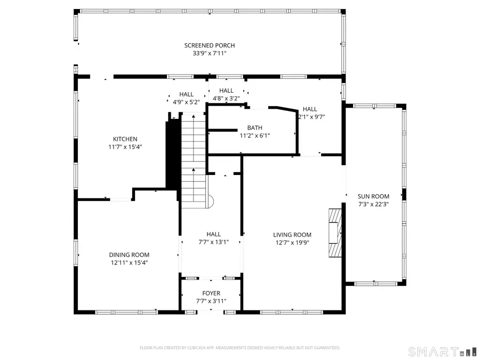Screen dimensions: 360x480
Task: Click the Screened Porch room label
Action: pos(209,45)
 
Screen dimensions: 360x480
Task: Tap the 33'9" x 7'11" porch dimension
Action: pos(209,53)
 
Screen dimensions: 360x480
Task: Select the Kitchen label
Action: pos(125,139)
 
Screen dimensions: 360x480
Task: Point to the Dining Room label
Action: pos(129,255)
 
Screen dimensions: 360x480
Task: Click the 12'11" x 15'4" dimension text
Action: pos(129,262)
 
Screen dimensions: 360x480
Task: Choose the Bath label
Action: pos(254,127)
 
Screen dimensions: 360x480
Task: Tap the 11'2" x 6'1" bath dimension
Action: pos(254,135)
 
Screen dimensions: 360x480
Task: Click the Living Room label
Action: pos(292,235)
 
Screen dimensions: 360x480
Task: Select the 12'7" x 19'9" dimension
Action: pos(292,242)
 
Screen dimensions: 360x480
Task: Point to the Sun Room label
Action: pos(373,196)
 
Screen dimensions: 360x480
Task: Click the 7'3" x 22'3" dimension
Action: pos(373,204)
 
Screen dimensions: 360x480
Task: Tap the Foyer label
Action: pos(211,293)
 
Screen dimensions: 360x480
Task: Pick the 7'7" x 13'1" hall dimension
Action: pos(213,242)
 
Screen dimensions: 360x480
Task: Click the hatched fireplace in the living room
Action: pos(334,233)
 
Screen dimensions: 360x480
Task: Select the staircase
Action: pos(194,160)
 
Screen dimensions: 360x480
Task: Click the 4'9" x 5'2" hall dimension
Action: pos(186,102)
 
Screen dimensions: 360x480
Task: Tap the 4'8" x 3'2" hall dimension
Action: pos(226,98)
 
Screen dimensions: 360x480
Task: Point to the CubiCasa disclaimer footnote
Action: pos(239,348)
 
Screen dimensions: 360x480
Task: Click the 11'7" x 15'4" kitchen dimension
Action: pos(125,147)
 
